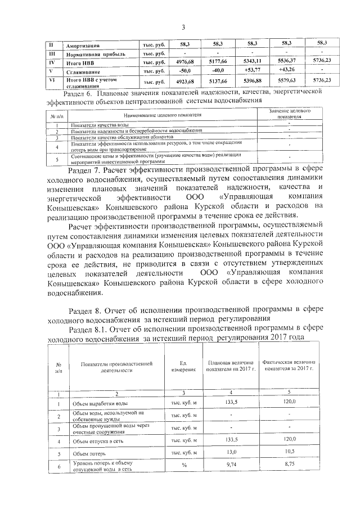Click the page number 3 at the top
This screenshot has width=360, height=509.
coord(183,28)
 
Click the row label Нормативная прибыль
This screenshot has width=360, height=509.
coord(94,54)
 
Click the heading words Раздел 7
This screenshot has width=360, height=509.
coord(84,169)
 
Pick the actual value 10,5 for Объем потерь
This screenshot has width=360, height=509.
coord(289,452)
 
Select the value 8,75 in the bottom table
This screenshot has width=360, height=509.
coord(289,465)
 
